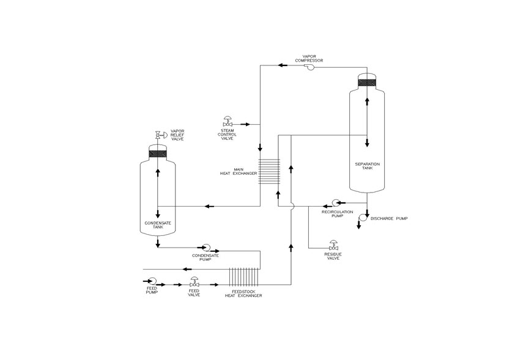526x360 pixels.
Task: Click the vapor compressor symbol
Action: (309, 67)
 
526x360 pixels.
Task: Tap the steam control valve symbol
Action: (228, 122)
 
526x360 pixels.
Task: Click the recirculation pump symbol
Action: (335, 202)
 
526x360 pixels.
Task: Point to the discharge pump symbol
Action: (362, 218)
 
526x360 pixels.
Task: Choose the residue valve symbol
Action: (333, 245)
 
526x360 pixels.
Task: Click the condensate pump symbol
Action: (206, 248)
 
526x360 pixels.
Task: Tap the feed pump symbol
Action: (152, 281)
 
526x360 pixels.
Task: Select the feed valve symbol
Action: (194, 282)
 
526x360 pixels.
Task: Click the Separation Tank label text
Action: (368, 166)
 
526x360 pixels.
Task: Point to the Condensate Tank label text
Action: (158, 225)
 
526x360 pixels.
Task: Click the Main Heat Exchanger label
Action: (239, 172)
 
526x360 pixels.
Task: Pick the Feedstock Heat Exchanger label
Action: (243, 293)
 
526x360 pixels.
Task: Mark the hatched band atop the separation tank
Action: (367, 83)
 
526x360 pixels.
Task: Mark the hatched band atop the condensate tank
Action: (157, 154)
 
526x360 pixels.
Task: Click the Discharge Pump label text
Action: (389, 219)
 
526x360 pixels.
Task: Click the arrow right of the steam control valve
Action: (245, 124)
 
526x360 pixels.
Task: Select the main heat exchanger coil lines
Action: (269, 171)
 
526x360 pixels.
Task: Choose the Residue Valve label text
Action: (333, 257)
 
